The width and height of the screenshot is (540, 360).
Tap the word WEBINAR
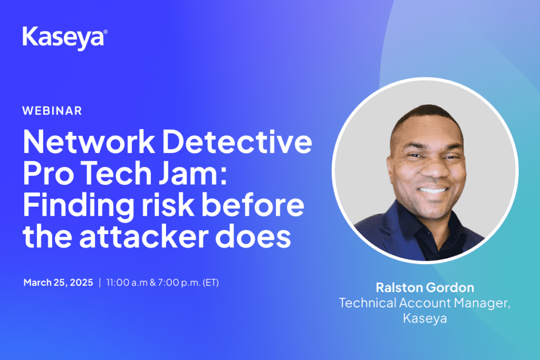[x=52, y=111]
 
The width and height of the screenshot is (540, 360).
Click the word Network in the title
[x=89, y=142]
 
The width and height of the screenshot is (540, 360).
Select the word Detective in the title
[x=237, y=142]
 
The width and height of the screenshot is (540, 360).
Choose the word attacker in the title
[x=144, y=236]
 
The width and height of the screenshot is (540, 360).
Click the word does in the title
[x=254, y=236]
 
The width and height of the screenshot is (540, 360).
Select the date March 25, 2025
[x=58, y=283]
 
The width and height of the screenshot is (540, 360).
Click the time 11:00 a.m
[x=127, y=283]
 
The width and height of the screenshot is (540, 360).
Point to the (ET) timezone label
[x=211, y=283]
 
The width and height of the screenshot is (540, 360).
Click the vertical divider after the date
[x=100, y=283]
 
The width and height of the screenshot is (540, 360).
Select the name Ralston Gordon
[x=425, y=287]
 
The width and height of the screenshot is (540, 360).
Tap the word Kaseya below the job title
[x=425, y=318]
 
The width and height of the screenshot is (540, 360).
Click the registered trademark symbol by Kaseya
[x=105, y=32]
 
